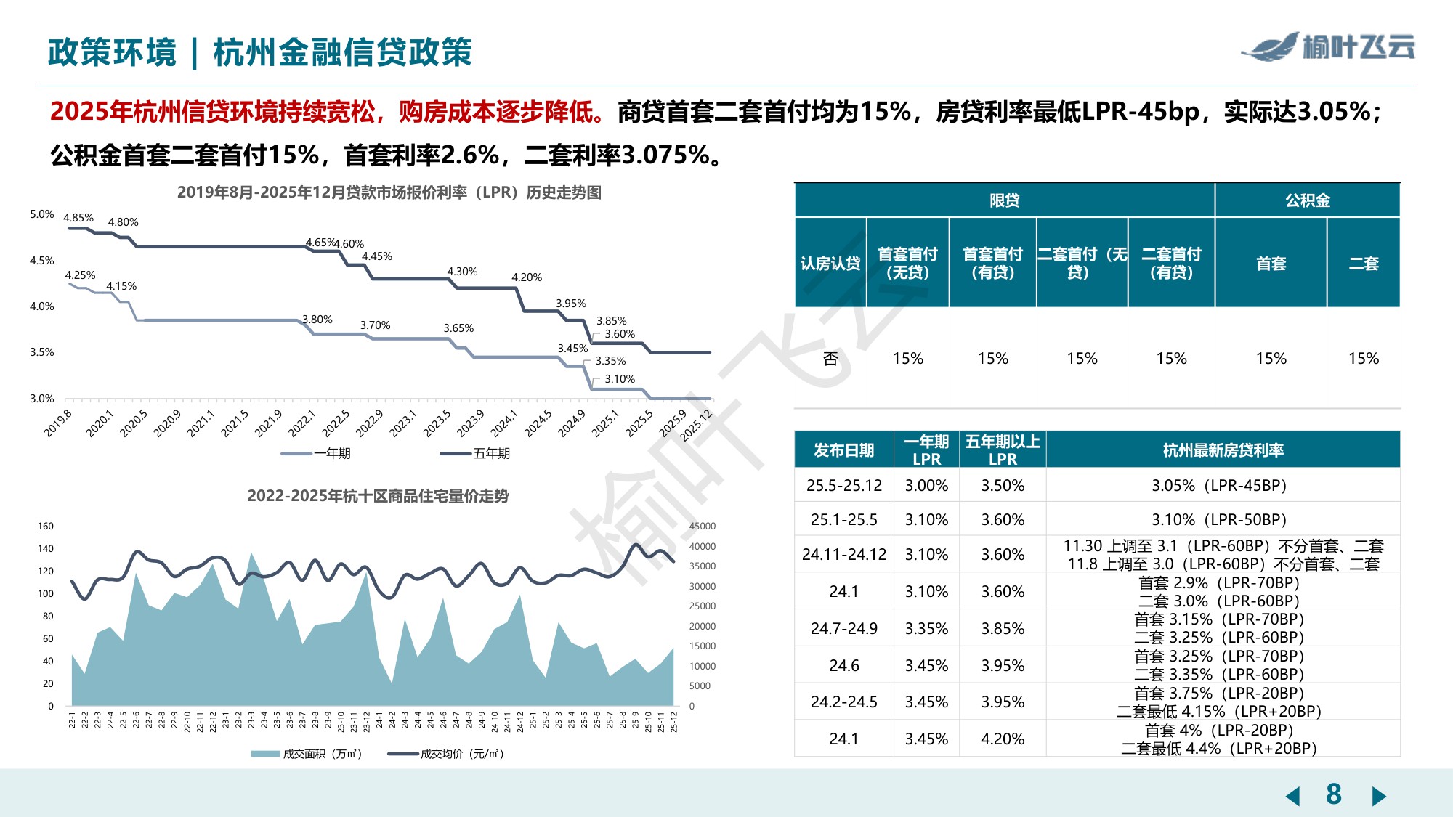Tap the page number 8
point(1333,794)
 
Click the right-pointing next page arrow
point(1378,796)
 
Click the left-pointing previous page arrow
point(1292,796)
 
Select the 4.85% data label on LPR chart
point(78,218)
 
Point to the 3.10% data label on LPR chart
point(620,379)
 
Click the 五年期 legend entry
point(476,454)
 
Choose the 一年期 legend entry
point(317,454)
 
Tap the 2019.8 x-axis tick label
point(58,423)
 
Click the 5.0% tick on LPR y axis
point(41,214)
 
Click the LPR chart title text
point(389,192)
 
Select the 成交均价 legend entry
point(446,754)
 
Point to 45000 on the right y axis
point(702,527)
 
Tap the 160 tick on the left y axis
point(45,527)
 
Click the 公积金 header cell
point(1306,200)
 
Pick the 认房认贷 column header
point(830,264)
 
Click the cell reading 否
point(830,359)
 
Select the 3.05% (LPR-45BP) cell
point(1218,485)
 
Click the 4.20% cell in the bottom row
point(1002,739)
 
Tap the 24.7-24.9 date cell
point(843,629)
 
